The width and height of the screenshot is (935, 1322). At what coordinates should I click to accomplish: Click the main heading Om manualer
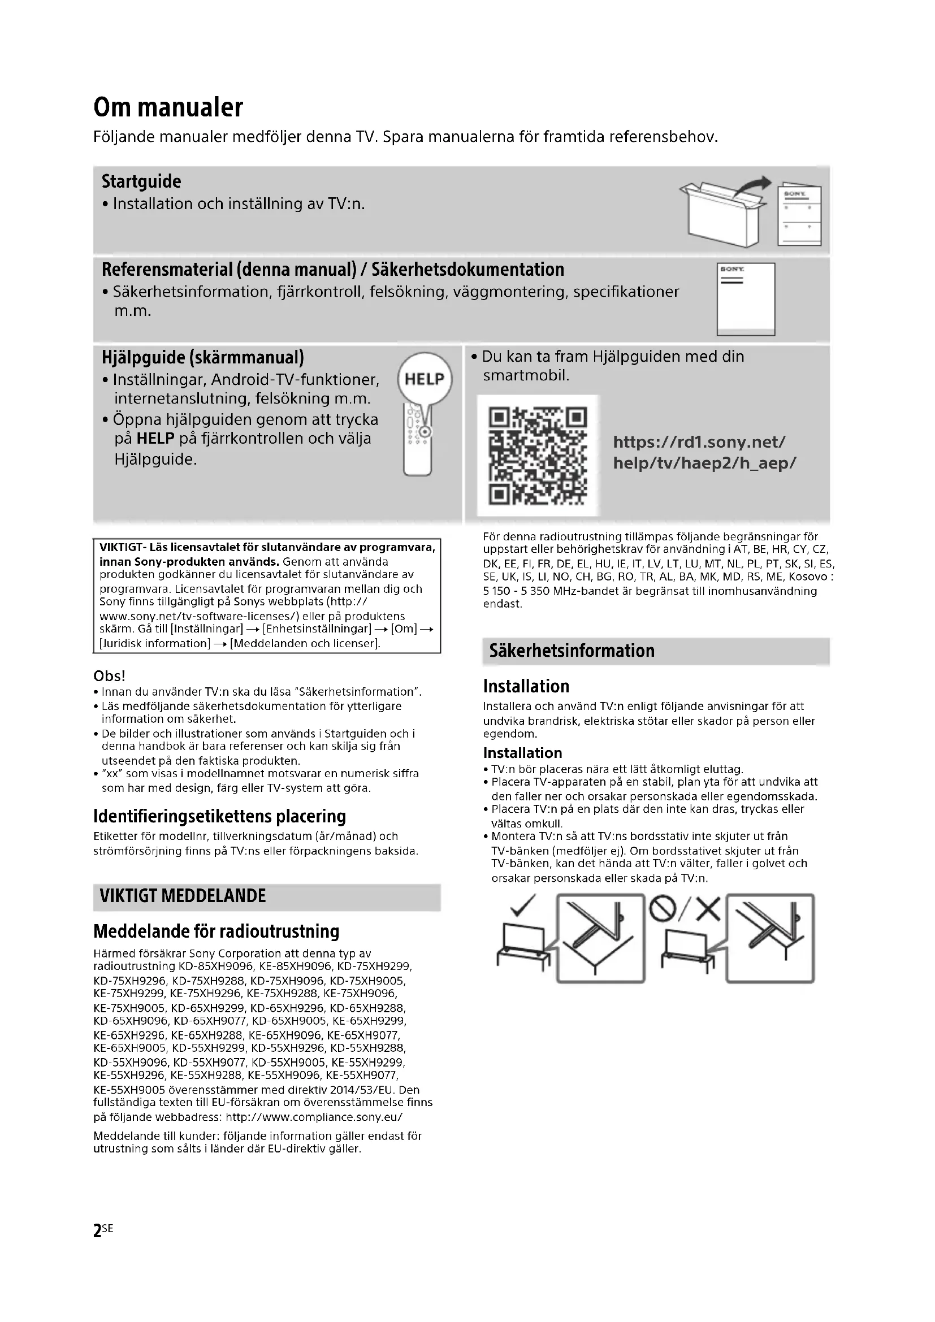[x=168, y=108]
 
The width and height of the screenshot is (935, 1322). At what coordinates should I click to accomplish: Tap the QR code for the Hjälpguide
[x=538, y=456]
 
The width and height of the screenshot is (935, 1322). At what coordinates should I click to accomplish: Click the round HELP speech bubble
[x=425, y=379]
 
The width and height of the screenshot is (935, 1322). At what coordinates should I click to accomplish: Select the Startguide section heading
[x=141, y=182]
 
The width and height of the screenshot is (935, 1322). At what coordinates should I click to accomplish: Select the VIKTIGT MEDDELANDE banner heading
[x=183, y=896]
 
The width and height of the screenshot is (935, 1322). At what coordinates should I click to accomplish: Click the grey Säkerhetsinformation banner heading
[x=572, y=651]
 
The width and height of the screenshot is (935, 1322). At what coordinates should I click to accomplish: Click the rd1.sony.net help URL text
[x=704, y=453]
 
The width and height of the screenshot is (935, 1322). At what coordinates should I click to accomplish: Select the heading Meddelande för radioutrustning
[x=216, y=931]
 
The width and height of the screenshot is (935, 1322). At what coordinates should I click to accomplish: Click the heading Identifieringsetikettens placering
[x=219, y=817]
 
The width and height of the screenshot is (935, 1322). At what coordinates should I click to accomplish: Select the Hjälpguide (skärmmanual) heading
[x=203, y=358]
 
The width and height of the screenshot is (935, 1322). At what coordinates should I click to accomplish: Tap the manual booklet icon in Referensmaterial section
[x=746, y=299]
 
